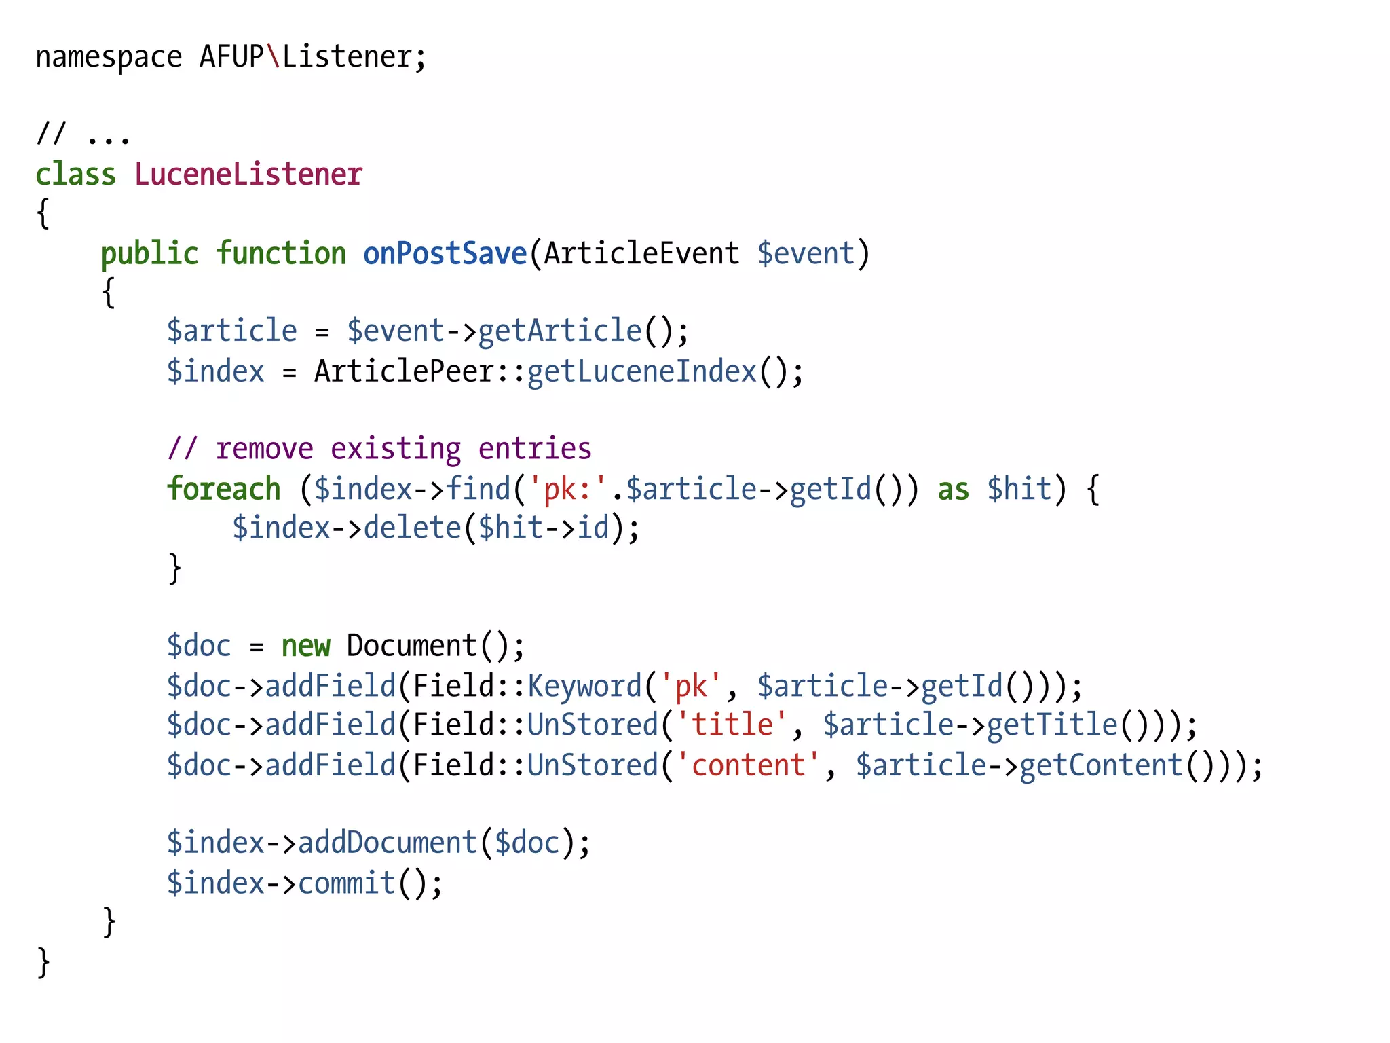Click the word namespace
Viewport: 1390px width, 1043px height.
pyautogui.click(x=109, y=58)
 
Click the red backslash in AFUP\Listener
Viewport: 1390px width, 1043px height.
pyautogui.click(x=274, y=56)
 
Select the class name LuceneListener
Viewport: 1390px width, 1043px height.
pyautogui.click(x=248, y=175)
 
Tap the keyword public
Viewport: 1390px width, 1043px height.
pyautogui.click(x=149, y=254)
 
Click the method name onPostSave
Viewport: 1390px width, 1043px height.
pyautogui.click(x=445, y=254)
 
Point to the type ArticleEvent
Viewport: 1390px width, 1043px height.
pyautogui.click(x=641, y=254)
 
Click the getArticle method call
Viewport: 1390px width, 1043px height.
pyautogui.click(x=560, y=331)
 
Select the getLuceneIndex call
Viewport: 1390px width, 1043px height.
pyautogui.click(x=641, y=371)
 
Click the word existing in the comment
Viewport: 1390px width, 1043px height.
pyautogui.click(x=396, y=449)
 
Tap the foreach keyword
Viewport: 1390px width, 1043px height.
pyautogui.click(x=224, y=489)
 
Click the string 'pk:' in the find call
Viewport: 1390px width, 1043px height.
pyautogui.click(x=567, y=489)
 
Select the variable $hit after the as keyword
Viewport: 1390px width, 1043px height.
pyautogui.click(x=1019, y=489)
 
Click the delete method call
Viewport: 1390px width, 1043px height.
pyautogui.click(x=413, y=528)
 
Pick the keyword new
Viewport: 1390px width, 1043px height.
pyautogui.click(x=306, y=646)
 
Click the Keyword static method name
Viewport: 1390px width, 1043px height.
pyautogui.click(x=584, y=686)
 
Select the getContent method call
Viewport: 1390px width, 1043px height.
pyautogui.click(x=1101, y=765)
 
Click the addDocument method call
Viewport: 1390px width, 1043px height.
pyautogui.click(x=388, y=843)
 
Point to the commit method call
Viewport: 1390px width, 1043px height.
pyautogui.click(x=347, y=883)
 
